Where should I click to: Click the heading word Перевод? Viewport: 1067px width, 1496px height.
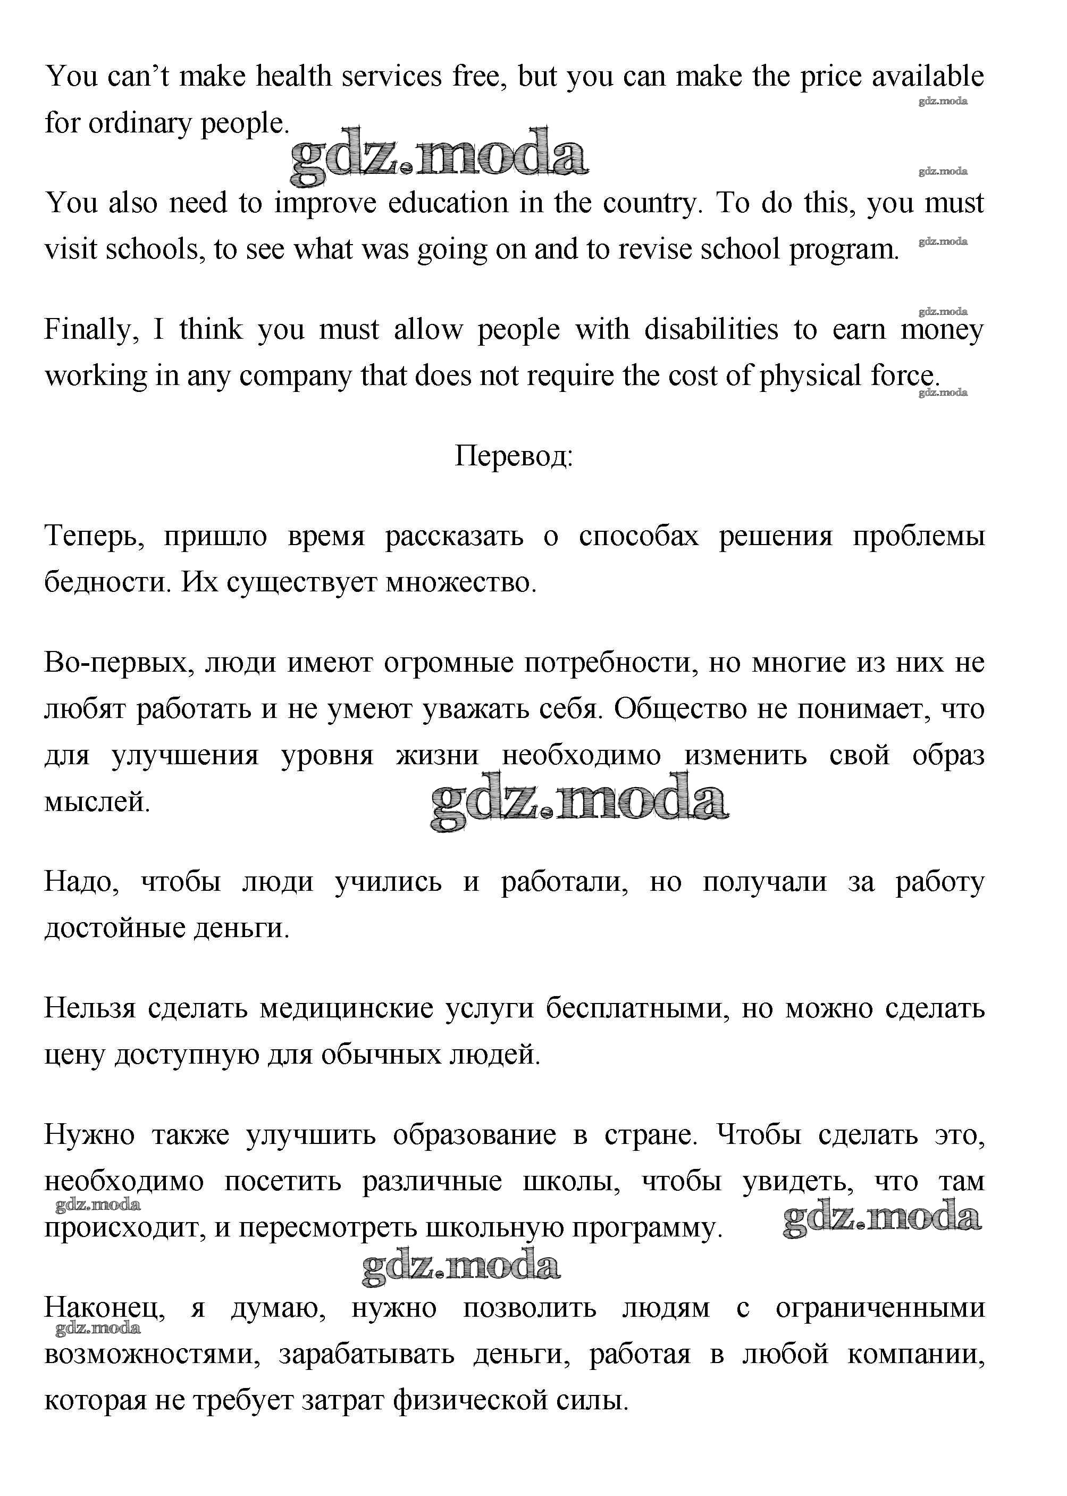513,456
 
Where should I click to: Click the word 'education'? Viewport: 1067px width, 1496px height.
448,203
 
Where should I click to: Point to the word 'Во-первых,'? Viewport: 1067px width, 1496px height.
120,663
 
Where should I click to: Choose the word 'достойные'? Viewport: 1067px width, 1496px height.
114,928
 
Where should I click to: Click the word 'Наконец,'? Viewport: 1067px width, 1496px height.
104,1308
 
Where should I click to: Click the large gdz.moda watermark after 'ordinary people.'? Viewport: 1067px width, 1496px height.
439,156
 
